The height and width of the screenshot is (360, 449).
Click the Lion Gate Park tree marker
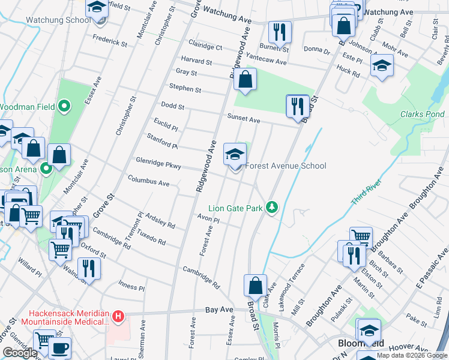pos(273,207)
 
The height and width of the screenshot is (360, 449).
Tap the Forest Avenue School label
pos(286,166)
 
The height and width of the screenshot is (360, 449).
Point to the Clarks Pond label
pos(423,115)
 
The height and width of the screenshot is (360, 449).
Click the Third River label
pos(363,196)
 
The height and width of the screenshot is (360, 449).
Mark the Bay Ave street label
pos(218,310)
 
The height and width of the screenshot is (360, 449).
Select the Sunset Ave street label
pos(243,119)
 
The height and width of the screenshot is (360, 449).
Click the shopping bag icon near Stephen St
pos(245,80)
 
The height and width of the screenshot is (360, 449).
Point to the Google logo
pos(20,353)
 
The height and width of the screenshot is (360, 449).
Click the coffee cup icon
pos(59,348)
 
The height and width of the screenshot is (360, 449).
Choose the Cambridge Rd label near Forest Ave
pos(201,275)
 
